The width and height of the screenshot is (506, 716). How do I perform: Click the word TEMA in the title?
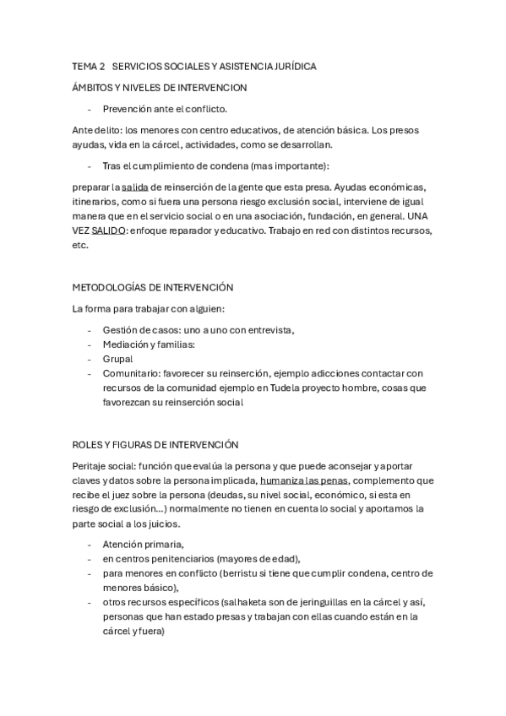[x=84, y=66]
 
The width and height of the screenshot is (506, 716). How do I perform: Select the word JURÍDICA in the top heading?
[x=293, y=66]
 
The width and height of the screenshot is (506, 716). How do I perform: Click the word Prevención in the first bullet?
[x=128, y=109]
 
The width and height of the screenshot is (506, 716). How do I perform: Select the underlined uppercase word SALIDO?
[x=109, y=231]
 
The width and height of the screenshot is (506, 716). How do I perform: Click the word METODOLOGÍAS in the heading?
[x=112, y=287]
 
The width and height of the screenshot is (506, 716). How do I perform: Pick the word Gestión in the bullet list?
[x=120, y=329]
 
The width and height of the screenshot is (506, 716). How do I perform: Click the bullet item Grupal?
[x=117, y=359]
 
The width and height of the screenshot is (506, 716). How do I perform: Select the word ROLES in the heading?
[x=88, y=444]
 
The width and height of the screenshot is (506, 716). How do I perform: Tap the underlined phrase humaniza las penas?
[x=302, y=480]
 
